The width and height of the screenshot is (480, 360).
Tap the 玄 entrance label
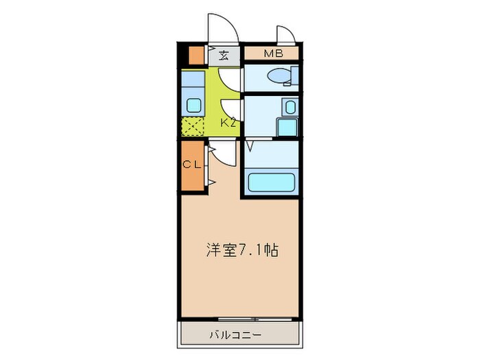(x=224, y=56)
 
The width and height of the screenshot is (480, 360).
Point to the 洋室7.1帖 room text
(x=242, y=251)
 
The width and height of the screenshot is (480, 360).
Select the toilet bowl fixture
(x=278, y=76)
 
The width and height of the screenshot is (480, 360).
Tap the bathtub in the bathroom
(x=270, y=183)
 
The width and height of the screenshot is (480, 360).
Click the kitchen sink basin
(x=193, y=106)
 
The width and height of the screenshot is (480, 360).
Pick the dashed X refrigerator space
(x=193, y=126)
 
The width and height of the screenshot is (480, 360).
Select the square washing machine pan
(x=286, y=127)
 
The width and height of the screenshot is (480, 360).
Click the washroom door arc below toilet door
(x=230, y=106)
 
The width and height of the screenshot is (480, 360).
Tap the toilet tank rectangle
(x=295, y=75)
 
